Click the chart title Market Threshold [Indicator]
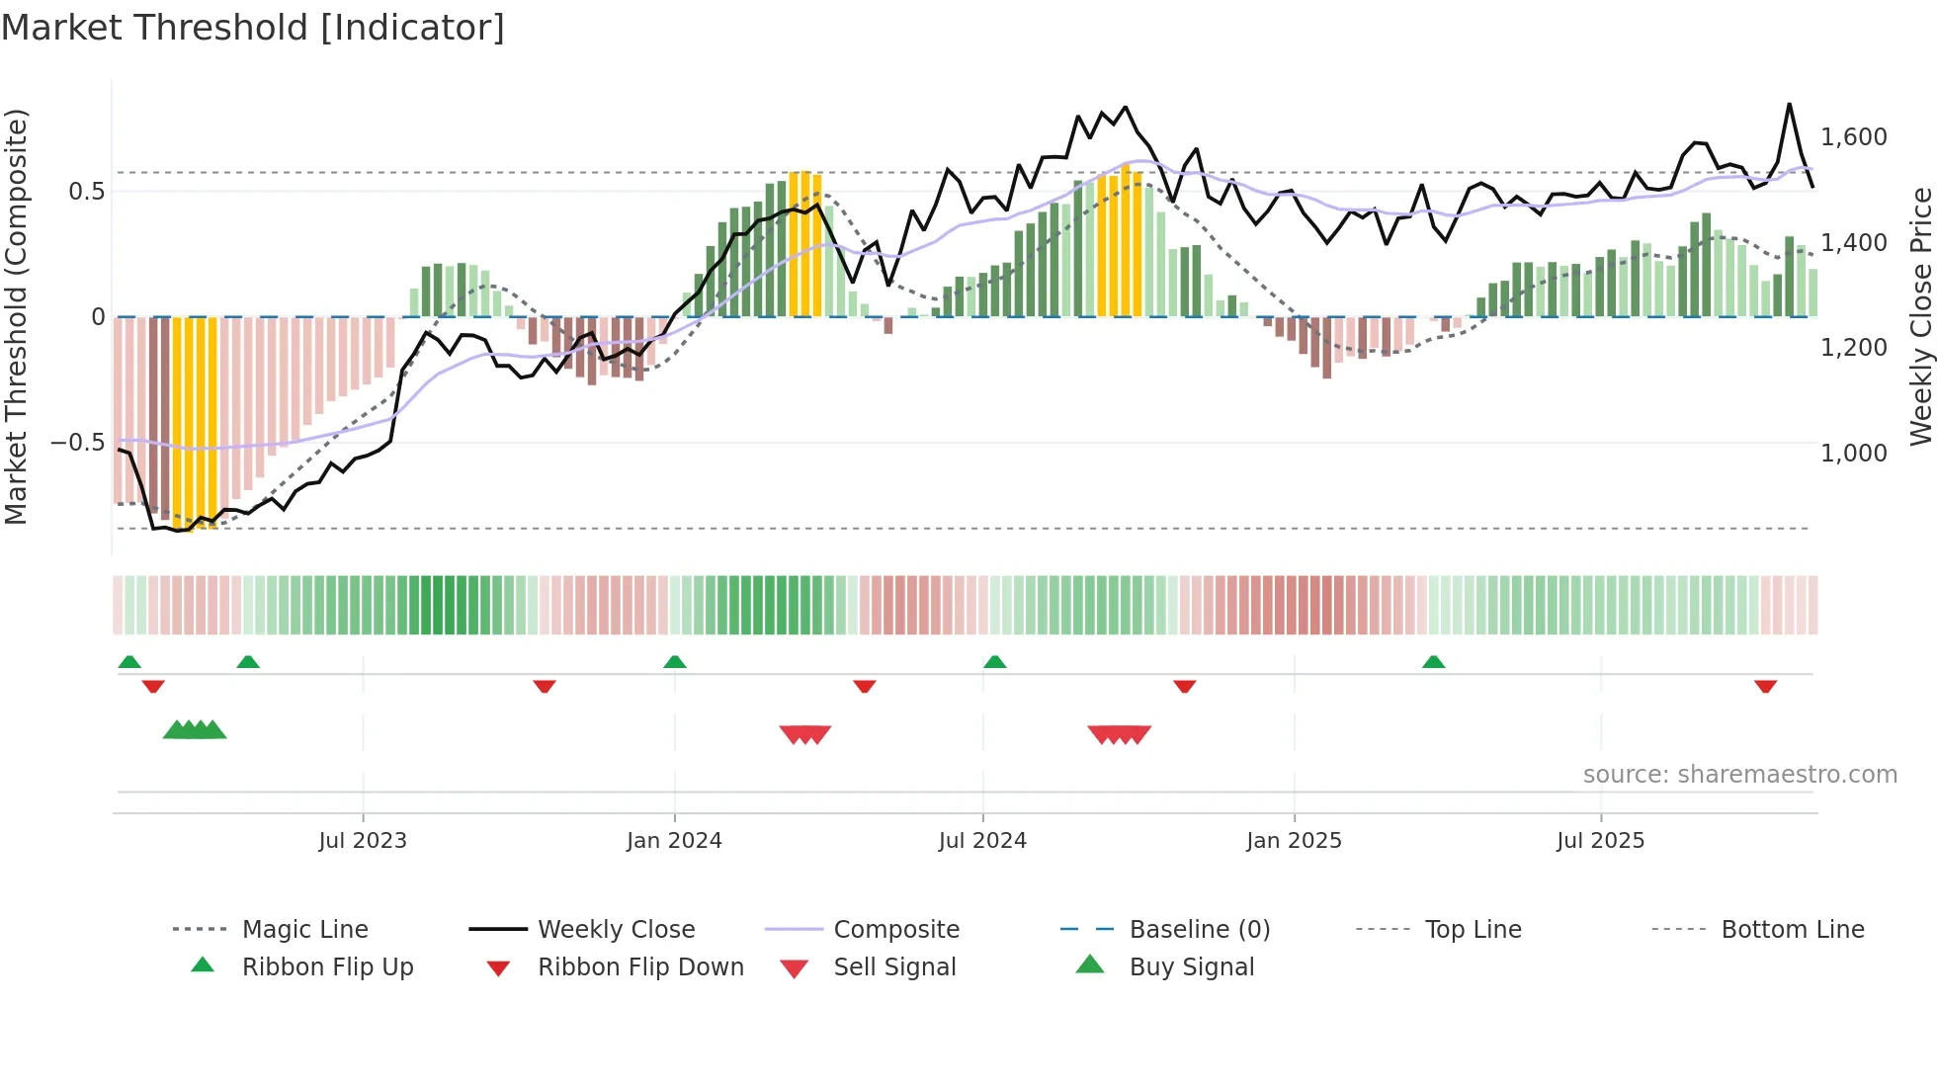coord(253,28)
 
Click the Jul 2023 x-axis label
coord(363,841)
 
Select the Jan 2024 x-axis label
coord(674,841)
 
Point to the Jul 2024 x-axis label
coord(982,841)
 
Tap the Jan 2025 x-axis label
coord(1294,841)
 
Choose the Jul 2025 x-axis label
coord(1600,841)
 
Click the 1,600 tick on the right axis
coord(1853,137)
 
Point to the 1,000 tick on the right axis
coord(1853,454)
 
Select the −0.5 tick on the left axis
coord(78,443)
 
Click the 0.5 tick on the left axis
coord(87,192)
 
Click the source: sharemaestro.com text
coord(1739,775)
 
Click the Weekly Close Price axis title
coord(1920,316)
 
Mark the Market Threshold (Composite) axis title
coord(16,316)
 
